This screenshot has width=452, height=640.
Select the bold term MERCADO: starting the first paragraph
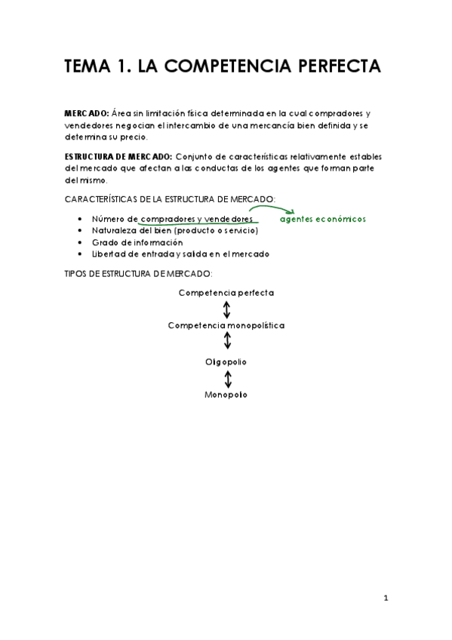87,112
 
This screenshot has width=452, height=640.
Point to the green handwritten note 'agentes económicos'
322,219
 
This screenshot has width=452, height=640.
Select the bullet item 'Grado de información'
137,243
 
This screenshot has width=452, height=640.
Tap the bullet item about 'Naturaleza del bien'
174,230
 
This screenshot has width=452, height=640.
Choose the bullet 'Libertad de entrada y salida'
180,254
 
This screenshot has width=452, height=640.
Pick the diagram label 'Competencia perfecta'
226,292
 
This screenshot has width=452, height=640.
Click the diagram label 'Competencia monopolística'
226,325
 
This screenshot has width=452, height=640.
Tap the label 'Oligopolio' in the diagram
226,362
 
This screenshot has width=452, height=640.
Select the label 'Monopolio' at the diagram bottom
226,395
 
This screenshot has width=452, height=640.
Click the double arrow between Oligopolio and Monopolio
227,378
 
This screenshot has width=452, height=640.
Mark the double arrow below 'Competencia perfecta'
227,309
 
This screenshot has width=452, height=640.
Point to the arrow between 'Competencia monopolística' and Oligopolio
227,343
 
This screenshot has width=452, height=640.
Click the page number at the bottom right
385,598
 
